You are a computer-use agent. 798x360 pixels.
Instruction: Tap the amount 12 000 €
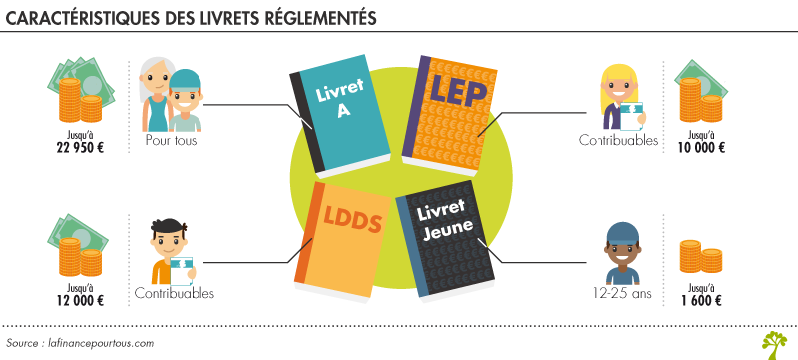(75, 296)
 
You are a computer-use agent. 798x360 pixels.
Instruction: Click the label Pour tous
(171, 141)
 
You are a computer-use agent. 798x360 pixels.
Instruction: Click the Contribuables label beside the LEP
(618, 141)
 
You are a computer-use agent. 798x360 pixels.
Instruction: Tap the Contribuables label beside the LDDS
(175, 294)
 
